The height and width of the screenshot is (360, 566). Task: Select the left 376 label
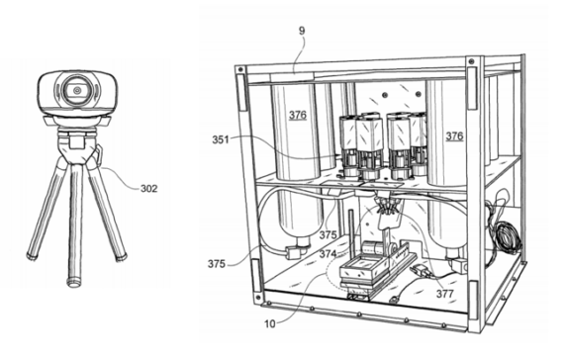[297, 115]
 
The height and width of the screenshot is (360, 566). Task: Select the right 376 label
[454, 135]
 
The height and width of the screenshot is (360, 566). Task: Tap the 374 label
[328, 253]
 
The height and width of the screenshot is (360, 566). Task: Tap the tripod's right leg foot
[123, 258]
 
